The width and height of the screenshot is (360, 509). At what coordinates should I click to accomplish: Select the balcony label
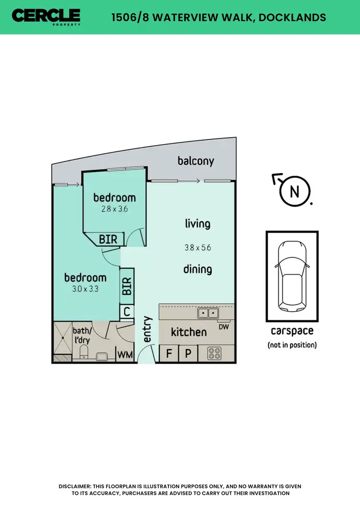(x=196, y=161)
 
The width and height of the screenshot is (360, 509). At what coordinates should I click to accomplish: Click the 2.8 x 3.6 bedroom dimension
(x=114, y=209)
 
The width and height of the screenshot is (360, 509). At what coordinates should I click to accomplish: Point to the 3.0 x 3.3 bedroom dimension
(x=85, y=289)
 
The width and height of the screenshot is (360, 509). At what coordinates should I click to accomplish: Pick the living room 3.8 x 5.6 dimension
(x=198, y=248)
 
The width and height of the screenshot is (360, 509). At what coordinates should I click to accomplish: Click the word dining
(x=198, y=269)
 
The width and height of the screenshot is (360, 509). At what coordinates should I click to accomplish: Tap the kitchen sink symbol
(x=208, y=314)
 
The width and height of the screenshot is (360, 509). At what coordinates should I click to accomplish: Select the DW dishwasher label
(x=223, y=327)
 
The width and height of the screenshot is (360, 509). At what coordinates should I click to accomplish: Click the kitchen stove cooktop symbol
(x=214, y=354)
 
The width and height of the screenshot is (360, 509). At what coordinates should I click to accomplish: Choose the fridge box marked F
(x=169, y=354)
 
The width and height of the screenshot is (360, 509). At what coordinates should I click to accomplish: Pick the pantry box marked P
(x=188, y=354)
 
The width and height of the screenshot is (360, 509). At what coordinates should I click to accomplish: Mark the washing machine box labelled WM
(x=125, y=355)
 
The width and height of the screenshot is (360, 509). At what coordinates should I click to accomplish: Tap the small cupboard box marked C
(x=127, y=312)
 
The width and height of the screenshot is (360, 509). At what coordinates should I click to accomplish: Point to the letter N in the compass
(x=295, y=192)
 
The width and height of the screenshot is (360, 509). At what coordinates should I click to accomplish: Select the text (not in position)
(x=292, y=345)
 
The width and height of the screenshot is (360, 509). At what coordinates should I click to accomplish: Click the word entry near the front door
(x=147, y=329)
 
